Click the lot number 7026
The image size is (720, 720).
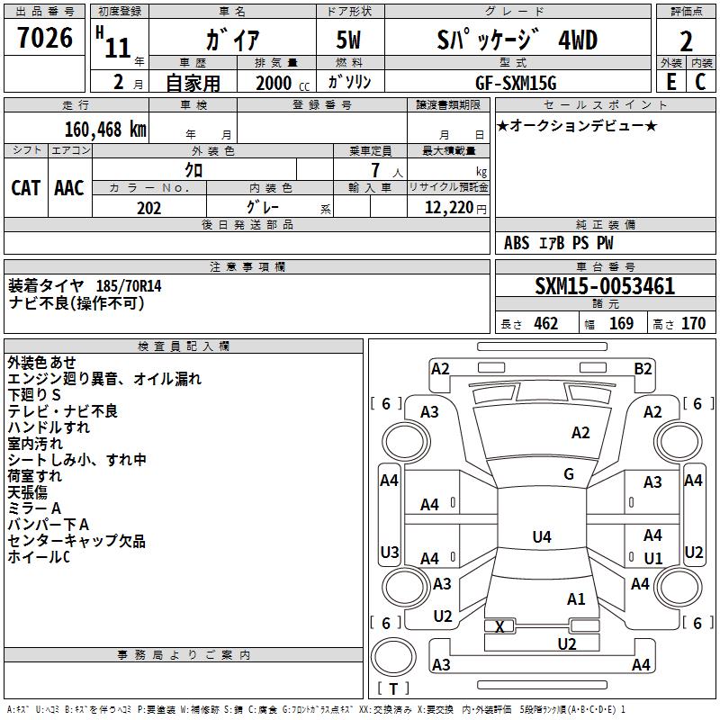tap(45, 38)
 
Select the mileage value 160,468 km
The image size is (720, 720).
tap(105, 130)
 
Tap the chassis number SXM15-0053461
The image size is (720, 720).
tap(605, 286)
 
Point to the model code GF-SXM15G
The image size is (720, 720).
tap(516, 83)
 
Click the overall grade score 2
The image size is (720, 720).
tap(686, 41)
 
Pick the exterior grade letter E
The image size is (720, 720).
tap(671, 82)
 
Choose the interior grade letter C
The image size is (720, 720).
tap(700, 82)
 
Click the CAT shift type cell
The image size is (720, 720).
tap(26, 188)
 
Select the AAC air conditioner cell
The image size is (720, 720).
tap(69, 188)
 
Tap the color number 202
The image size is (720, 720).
tap(148, 208)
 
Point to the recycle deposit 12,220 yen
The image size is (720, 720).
tap(455, 208)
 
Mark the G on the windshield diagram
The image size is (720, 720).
tap(569, 474)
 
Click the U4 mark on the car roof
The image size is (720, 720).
tap(542, 536)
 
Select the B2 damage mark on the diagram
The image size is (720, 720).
tap(643, 369)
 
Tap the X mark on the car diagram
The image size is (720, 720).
tap(499, 626)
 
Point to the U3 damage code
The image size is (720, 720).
tap(390, 552)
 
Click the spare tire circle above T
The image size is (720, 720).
tap(393, 657)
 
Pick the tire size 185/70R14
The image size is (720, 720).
tap(129, 286)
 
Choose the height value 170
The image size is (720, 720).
tap(693, 323)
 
